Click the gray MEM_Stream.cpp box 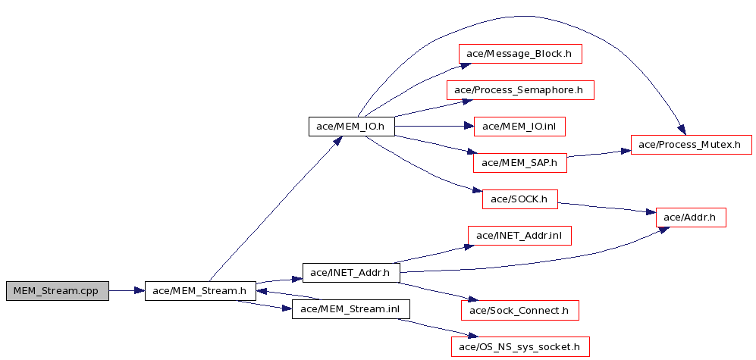(x=58, y=291)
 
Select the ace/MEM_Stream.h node (x=201, y=291)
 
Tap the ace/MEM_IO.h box (x=352, y=127)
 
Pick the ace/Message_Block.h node (x=520, y=54)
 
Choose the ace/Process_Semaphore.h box (x=520, y=90)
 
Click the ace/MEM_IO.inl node (x=520, y=127)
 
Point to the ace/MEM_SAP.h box (x=520, y=163)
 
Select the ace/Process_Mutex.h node (x=692, y=145)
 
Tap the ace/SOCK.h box (x=520, y=199)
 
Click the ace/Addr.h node (x=692, y=218)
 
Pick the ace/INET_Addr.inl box (x=520, y=236)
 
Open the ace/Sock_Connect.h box (x=520, y=311)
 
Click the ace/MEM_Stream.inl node (x=351, y=309)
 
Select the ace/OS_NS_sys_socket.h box (x=520, y=346)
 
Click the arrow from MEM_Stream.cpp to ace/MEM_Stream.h (x=127, y=291)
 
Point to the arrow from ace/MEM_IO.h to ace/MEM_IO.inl (x=434, y=127)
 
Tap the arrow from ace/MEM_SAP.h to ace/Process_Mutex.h (x=599, y=153)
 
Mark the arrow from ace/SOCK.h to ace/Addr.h (x=607, y=207)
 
